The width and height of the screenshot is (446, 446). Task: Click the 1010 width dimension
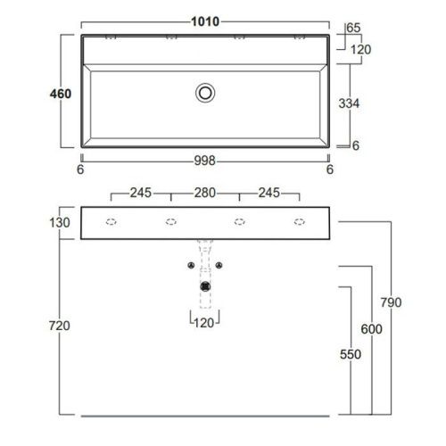(208, 21)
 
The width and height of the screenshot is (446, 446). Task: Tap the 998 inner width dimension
(207, 161)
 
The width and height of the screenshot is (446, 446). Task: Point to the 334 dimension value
(350, 103)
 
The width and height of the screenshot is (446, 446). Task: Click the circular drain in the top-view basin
(206, 91)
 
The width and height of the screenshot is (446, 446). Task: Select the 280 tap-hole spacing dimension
(206, 192)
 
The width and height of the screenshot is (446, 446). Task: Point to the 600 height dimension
(371, 329)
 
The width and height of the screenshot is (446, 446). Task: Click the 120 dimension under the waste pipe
(206, 320)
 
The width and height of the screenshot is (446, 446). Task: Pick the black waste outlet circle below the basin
(206, 286)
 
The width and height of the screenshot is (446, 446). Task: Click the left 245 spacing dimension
(142, 192)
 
